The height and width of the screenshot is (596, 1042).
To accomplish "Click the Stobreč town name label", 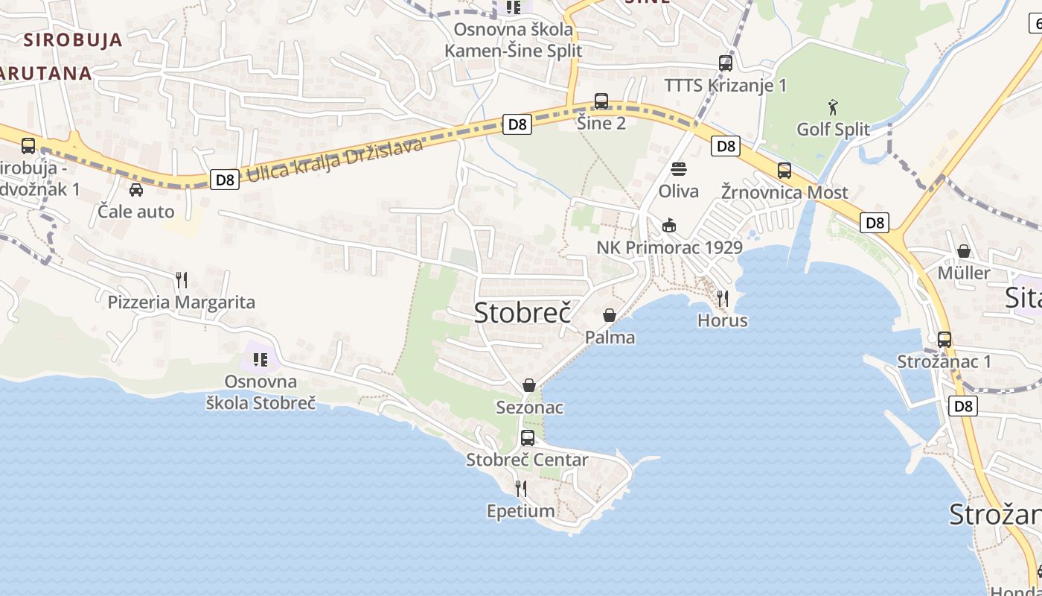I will [522, 313].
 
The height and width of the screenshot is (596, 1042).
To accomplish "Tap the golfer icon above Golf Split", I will [833, 108].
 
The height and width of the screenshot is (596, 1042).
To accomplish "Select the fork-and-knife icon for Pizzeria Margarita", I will [182, 280].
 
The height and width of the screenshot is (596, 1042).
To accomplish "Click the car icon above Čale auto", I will [136, 190].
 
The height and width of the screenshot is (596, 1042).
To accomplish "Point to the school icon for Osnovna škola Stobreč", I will [260, 361].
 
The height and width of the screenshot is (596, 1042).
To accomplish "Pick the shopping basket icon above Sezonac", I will [529, 385].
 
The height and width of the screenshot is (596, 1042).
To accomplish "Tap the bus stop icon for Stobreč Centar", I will [528, 437].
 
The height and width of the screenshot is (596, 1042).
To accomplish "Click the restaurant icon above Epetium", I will [521, 489].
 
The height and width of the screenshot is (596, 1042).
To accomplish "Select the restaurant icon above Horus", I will [722, 299].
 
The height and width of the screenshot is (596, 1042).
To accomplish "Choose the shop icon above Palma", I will [610, 315].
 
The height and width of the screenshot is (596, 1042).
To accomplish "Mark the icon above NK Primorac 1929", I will [669, 225].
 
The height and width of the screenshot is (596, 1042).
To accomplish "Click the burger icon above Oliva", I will [679, 169].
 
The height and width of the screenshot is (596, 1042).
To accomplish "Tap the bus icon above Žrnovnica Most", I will [784, 171].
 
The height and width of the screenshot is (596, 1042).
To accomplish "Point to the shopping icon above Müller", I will [964, 251].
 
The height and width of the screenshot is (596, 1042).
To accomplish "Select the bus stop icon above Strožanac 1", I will [944, 340].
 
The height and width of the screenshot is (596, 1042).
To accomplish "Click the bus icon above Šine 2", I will [601, 101].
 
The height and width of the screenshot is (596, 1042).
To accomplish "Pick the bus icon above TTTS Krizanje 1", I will [726, 63].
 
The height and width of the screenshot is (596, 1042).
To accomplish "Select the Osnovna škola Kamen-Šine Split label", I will [514, 40].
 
